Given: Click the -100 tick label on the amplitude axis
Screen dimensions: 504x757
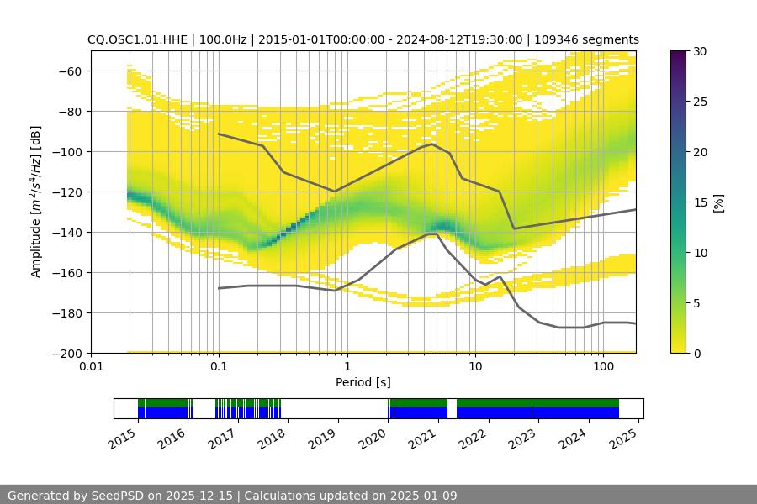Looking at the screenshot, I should [69, 151].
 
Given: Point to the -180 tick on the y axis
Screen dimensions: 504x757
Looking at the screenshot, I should [69, 312].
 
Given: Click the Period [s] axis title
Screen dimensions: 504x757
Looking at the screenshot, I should [363, 382].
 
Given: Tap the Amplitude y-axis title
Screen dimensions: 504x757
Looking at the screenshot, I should [36, 202].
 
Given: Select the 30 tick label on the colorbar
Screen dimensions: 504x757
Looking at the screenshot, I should [699, 51].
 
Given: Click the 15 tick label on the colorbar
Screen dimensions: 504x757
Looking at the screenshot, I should [699, 202].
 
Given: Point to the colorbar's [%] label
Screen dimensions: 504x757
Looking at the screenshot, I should [718, 202].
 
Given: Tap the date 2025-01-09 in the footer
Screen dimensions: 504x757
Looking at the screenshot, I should [425, 496].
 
